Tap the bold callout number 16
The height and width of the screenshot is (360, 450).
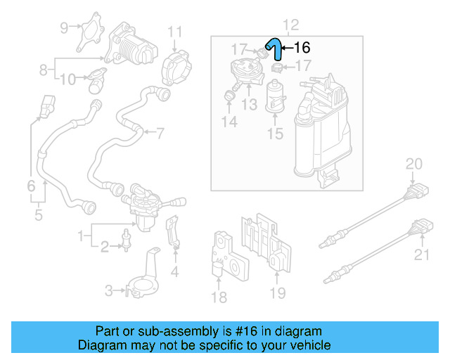point(301,49)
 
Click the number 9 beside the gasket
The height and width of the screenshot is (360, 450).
point(64,28)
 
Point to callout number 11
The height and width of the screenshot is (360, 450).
point(174,32)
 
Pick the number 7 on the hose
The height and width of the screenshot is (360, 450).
point(160,132)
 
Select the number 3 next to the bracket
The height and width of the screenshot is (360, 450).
point(109,290)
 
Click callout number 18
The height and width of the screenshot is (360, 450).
point(219,297)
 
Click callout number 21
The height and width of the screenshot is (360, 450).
point(421,255)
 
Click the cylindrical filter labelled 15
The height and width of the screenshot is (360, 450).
point(275,96)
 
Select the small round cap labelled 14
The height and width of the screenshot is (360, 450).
point(229,96)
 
